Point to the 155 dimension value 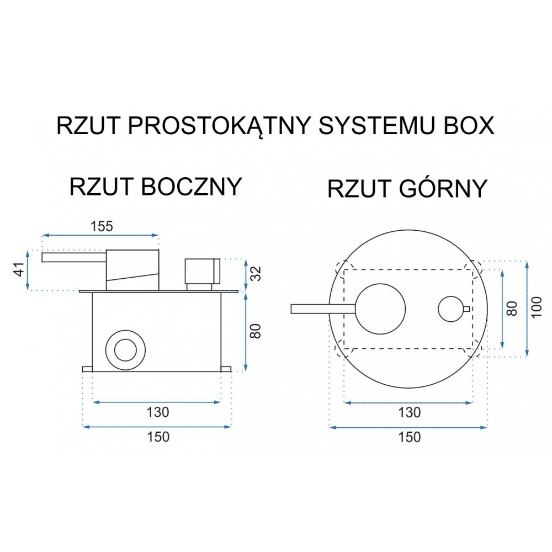click(102, 226)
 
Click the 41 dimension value click(20, 270)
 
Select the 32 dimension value click(257, 274)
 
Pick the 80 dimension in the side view click(257, 331)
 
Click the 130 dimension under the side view click(158, 412)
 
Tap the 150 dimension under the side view click(158, 437)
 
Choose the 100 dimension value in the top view click(536, 307)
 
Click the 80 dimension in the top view click(512, 309)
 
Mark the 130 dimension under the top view click(410, 412)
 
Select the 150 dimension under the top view click(410, 437)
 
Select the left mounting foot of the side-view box click(87, 369)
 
